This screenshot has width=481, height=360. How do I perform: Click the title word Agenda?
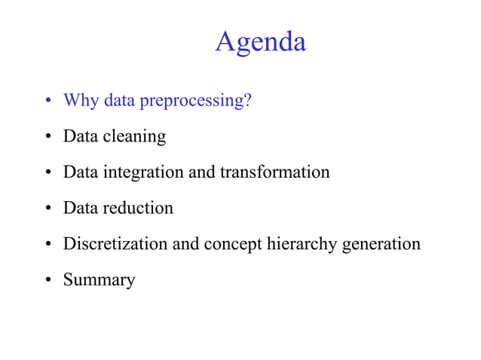pyautogui.click(x=260, y=41)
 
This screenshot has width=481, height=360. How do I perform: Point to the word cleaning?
pyautogui.click(x=136, y=137)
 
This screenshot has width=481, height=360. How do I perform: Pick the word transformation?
pyautogui.click(x=274, y=172)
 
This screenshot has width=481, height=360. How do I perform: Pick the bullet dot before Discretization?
pyautogui.click(x=47, y=245)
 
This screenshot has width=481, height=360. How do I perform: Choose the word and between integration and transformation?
pyautogui.click(x=201, y=172)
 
